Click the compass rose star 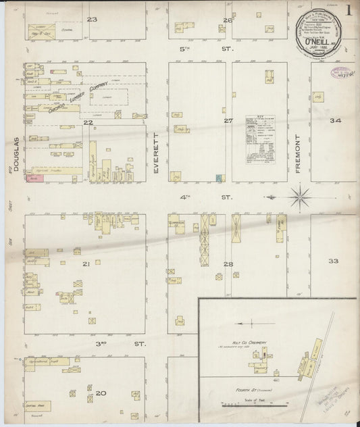300,197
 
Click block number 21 86,263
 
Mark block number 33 333,261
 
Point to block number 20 101,393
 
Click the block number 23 92,19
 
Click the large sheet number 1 349,11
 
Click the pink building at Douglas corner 33,179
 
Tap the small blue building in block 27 219,178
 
